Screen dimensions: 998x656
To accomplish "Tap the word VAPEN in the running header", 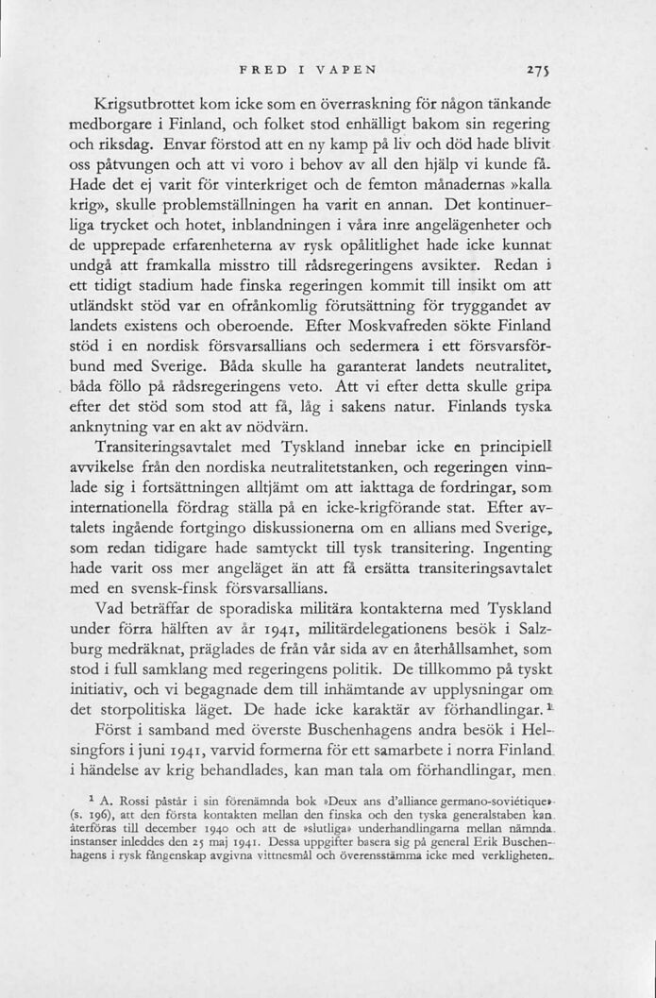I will pos(346,68).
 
